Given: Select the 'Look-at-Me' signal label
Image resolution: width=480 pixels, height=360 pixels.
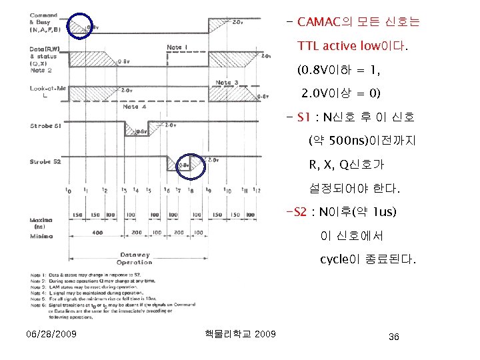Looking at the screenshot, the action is [x=47, y=89].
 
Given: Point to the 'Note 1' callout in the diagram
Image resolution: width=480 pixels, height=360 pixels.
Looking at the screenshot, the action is [x=177, y=47].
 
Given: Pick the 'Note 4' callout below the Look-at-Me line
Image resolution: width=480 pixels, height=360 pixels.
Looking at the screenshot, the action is [x=131, y=107].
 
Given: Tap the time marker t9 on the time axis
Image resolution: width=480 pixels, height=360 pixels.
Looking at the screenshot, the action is [x=210, y=190].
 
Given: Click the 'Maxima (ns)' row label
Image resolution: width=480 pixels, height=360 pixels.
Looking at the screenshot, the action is [x=39, y=223].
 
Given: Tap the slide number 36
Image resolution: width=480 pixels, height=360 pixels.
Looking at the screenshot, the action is [x=393, y=337].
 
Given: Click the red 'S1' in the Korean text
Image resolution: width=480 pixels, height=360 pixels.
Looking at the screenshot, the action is [x=303, y=118].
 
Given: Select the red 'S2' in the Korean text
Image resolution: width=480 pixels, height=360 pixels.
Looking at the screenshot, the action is [x=298, y=212].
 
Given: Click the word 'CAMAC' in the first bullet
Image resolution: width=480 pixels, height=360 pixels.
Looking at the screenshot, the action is [x=321, y=22].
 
